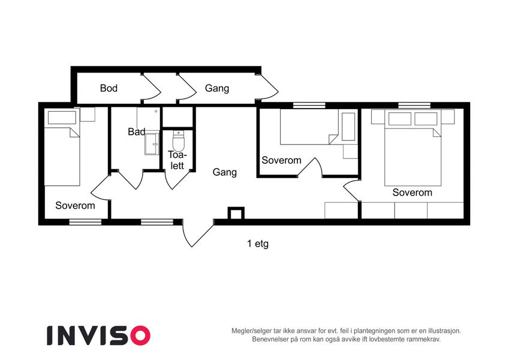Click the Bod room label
(109, 88)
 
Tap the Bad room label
(136, 131)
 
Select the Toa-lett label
(177, 160)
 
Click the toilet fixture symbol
(178, 140)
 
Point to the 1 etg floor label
(258, 244)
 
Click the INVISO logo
(99, 335)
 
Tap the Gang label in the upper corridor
(217, 88)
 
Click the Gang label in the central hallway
(224, 172)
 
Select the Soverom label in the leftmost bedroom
(75, 205)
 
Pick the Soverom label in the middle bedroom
(281, 160)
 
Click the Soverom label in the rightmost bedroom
(412, 193)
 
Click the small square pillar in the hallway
(236, 214)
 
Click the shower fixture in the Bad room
(152, 143)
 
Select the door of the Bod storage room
(151, 88)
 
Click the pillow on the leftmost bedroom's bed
(62, 117)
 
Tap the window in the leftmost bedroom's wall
(85, 222)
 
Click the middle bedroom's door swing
(310, 167)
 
